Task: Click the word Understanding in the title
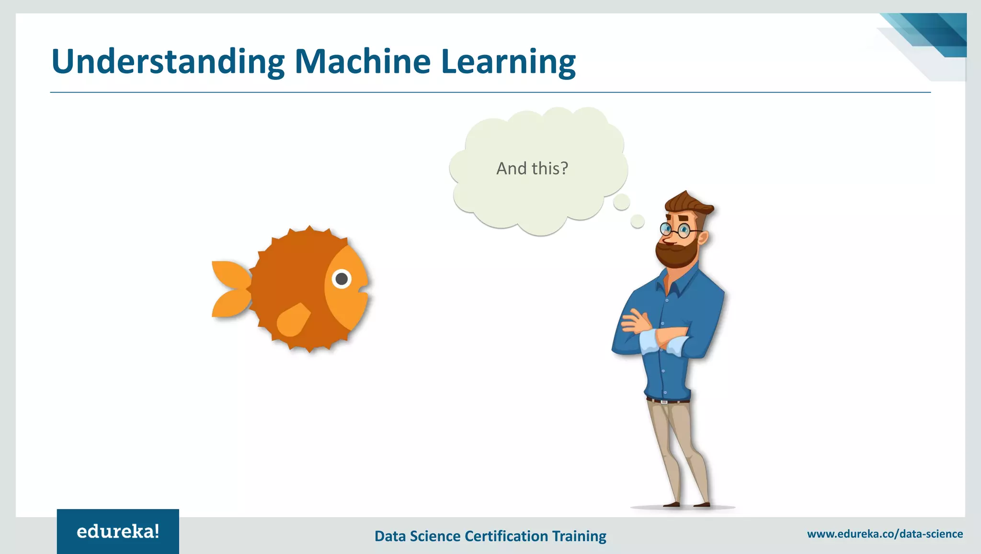[x=168, y=62]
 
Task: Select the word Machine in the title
[x=363, y=62]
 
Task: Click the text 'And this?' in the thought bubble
[x=532, y=169]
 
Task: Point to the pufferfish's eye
[x=342, y=279]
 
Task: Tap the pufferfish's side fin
[x=293, y=319]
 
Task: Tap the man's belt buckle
[x=664, y=401]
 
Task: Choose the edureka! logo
[x=118, y=531]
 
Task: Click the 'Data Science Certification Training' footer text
[x=490, y=536]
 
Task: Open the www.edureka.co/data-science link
[x=885, y=534]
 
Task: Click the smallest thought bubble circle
[x=638, y=221]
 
